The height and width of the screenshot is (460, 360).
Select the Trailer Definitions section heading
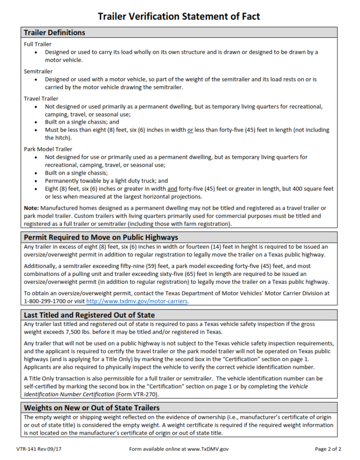tap(54, 33)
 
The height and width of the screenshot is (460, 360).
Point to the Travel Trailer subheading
tap(41, 98)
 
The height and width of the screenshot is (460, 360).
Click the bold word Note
tap(31, 208)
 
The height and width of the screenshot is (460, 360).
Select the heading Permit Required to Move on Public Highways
tap(101, 237)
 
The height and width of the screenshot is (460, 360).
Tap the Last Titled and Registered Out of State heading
tap(89, 314)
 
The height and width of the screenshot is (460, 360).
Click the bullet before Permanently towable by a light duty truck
tap(37, 181)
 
